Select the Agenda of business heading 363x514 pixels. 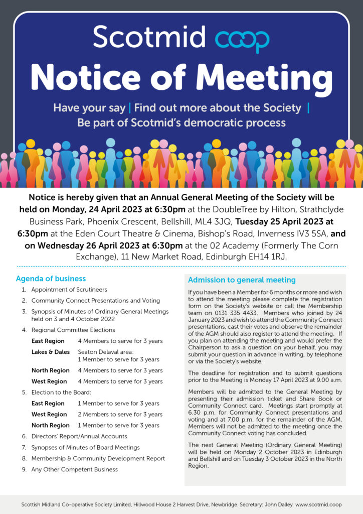point(51,279)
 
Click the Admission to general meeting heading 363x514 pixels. point(242,280)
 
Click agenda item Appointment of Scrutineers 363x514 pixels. point(69,290)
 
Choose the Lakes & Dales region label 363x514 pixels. point(51,352)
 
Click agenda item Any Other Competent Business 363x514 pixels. point(75,469)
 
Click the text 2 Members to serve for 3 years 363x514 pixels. point(120,414)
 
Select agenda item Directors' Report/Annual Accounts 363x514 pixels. point(79,436)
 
